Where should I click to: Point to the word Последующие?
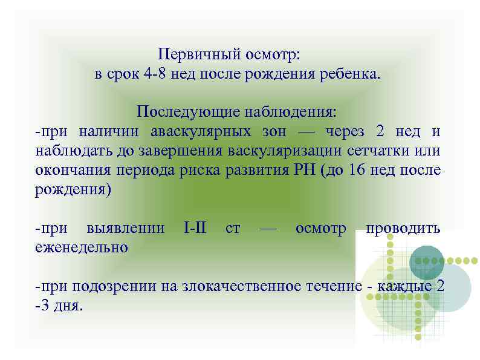(177, 112)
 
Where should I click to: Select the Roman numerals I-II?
(195, 228)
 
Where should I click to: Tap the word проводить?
(402, 228)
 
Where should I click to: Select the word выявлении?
(126, 228)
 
